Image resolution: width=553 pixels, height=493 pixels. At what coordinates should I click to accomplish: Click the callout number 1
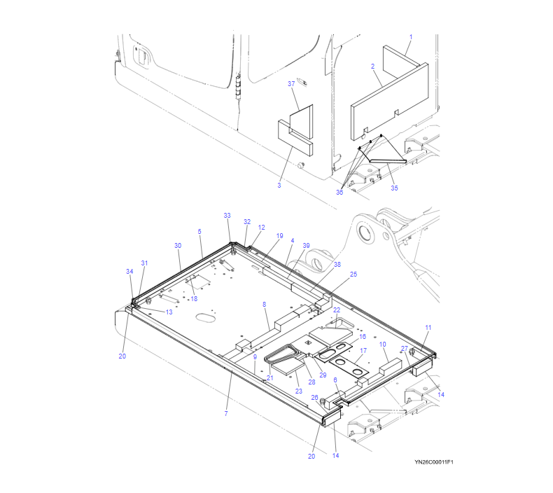point(410,37)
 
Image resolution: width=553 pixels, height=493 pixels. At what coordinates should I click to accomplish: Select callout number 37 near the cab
point(291,83)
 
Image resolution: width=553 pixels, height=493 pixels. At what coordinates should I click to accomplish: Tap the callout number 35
point(394,188)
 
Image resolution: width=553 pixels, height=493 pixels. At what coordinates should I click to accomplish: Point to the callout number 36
point(339,192)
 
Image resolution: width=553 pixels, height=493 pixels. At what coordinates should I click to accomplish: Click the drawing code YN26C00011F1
point(434,462)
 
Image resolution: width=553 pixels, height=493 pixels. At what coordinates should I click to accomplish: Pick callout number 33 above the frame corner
point(227,215)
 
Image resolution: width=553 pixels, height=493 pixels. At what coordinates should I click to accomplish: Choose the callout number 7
point(226,413)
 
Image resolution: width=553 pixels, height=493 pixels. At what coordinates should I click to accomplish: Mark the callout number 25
point(353,275)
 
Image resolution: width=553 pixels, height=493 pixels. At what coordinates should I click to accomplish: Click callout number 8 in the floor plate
point(264,304)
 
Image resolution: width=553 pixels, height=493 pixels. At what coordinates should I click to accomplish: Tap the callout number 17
point(363,350)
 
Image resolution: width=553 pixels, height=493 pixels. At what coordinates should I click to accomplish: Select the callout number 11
point(428,328)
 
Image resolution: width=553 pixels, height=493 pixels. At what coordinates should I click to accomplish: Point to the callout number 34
point(129,272)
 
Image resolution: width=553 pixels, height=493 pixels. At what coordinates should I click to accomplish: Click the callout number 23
point(299,391)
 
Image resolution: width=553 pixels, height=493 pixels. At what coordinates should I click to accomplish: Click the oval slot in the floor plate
point(206,317)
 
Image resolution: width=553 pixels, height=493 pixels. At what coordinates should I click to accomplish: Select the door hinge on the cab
point(238,86)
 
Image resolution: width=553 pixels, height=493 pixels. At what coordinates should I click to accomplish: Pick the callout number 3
point(279,186)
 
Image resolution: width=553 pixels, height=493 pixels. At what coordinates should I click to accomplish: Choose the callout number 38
point(337,264)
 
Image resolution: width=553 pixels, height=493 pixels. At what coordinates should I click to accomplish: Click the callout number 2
point(373,67)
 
